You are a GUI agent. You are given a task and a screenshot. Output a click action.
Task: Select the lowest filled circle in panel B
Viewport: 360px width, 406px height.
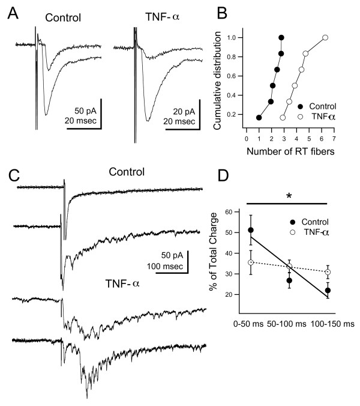pyautogui.click(x=259, y=117)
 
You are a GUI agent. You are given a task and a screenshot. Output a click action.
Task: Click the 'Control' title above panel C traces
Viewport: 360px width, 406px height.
pyautogui.click(x=127, y=172)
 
